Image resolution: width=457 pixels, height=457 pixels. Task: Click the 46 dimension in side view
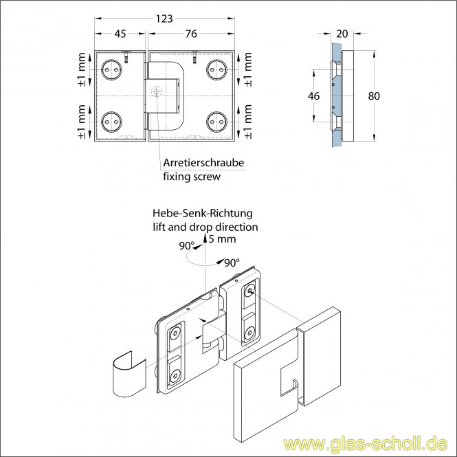(313, 96)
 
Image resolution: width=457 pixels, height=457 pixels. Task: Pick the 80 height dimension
(373, 96)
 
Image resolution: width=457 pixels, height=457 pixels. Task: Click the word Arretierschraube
(203, 163)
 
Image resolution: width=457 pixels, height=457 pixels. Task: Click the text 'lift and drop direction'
(205, 226)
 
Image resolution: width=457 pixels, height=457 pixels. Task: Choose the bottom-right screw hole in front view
(217, 122)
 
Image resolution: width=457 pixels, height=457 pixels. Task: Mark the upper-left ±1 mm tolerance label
(83, 69)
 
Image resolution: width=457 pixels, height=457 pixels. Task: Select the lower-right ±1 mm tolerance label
(247, 122)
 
